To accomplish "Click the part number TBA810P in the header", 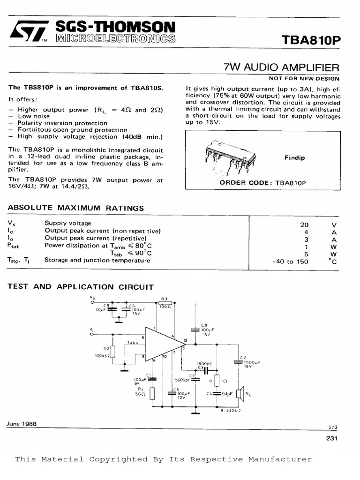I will (x=311, y=41).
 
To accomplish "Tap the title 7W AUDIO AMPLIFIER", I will (x=282, y=68).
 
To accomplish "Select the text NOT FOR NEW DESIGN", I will (x=304, y=79).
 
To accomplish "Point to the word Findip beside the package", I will (x=294, y=158).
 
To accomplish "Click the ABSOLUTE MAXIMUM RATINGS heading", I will (x=76, y=208).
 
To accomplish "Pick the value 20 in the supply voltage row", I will (x=304, y=224).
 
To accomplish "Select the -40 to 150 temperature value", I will (x=290, y=262).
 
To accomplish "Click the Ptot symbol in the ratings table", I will (x=14, y=246).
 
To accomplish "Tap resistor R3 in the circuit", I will (x=165, y=303).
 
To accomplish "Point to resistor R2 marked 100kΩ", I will (x=112, y=352).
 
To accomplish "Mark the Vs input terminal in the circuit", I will (x=92, y=302).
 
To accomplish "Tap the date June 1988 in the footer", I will (x=22, y=424).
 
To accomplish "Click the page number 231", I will (x=331, y=439).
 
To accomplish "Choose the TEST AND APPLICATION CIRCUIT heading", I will (x=81, y=287).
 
